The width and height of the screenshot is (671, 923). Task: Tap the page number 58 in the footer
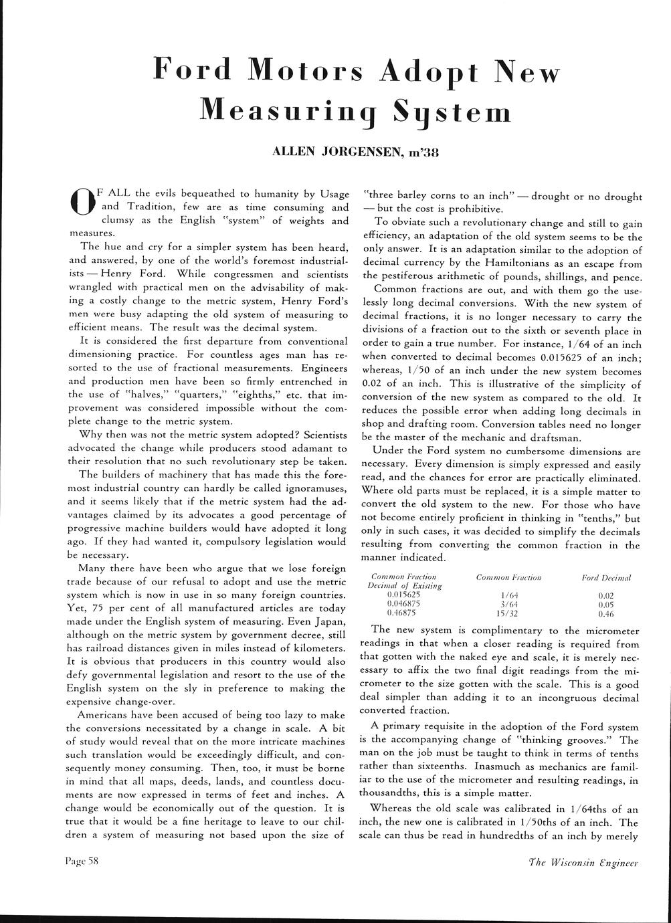(92, 862)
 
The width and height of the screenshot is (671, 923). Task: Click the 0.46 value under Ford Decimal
(606, 612)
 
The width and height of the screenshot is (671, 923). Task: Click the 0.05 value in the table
(606, 603)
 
